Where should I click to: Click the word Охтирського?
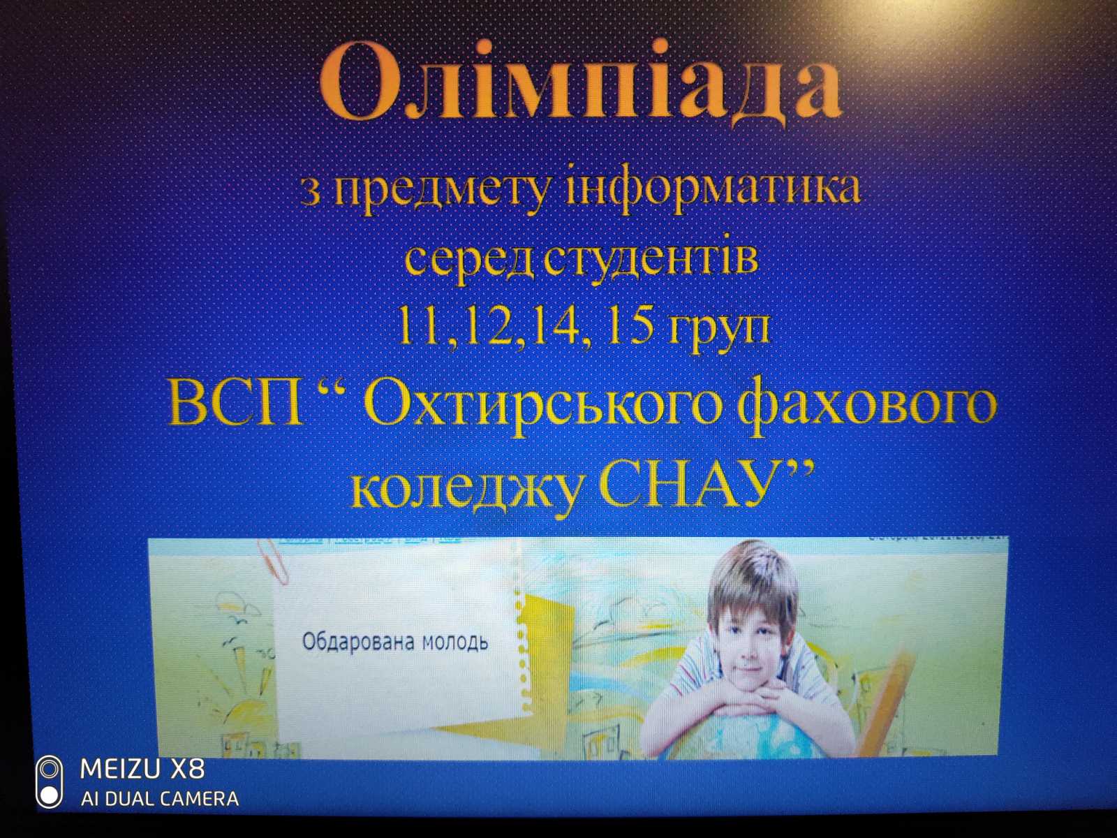[542, 405]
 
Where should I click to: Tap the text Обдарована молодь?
[394, 641]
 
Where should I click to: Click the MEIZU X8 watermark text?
[142, 769]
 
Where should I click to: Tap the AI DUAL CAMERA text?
[159, 798]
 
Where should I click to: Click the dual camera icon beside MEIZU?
[49, 782]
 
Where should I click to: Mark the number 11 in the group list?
[419, 326]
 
